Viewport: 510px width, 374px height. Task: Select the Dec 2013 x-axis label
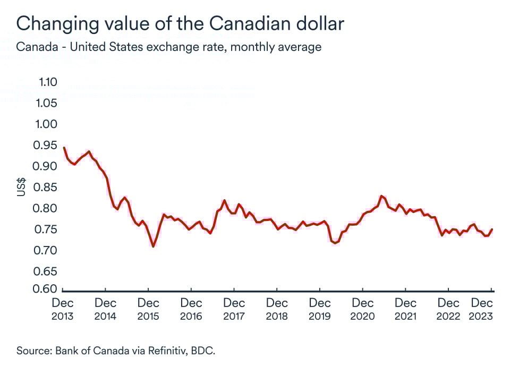pyautogui.click(x=63, y=309)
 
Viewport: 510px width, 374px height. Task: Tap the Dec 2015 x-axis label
pyautogui.click(x=148, y=309)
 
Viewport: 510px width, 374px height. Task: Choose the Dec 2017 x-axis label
pyautogui.click(x=234, y=309)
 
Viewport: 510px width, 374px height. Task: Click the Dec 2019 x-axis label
pyautogui.click(x=319, y=309)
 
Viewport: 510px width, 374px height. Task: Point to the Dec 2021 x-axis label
pyautogui.click(x=405, y=309)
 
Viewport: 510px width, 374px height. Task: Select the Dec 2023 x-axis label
pyautogui.click(x=482, y=309)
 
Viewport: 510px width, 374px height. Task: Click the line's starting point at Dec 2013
pyautogui.click(x=64, y=148)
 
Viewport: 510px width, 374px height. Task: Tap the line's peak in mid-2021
pyautogui.click(x=381, y=196)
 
